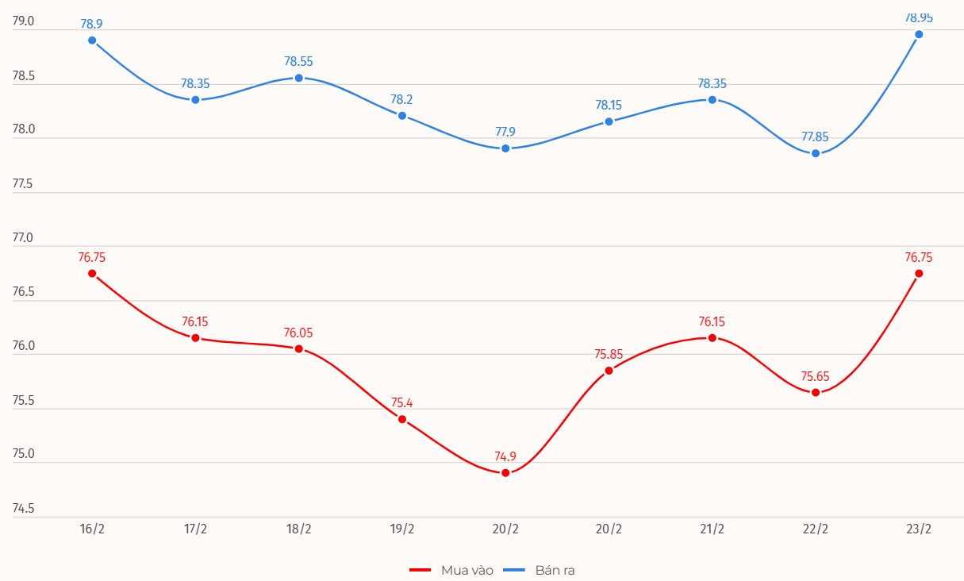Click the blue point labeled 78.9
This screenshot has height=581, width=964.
click(92, 40)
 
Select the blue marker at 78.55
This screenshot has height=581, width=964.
click(299, 78)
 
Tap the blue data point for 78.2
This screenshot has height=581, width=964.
click(402, 116)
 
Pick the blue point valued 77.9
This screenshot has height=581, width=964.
click(505, 148)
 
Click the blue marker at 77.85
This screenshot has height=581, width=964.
click(816, 153)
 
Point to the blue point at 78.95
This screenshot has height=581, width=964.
click(919, 34)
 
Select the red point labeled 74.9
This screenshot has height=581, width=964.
click(505, 473)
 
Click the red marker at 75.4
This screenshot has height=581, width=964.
click(402, 419)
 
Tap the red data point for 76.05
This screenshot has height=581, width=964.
click(299, 349)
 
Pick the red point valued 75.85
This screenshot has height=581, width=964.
click(609, 371)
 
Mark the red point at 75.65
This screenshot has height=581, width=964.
click(816, 392)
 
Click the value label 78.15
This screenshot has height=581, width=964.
click(609, 105)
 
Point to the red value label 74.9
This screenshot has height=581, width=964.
click(505, 456)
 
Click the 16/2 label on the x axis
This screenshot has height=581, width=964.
click(92, 530)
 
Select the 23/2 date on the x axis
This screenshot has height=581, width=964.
click(919, 530)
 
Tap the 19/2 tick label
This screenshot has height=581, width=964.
click(402, 530)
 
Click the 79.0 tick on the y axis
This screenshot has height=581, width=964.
click(24, 21)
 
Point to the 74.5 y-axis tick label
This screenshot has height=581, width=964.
click(24, 509)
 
